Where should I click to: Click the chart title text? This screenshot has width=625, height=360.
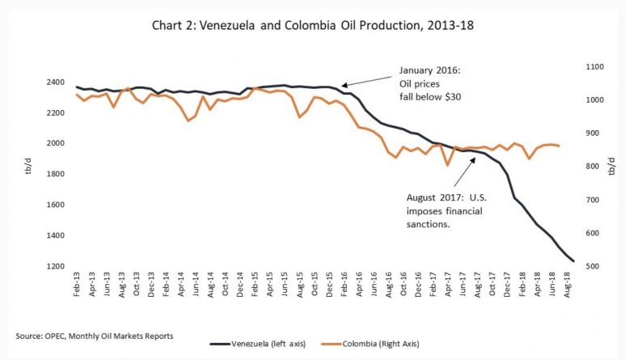tap(312, 25)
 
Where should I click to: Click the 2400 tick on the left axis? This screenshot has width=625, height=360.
tap(57, 83)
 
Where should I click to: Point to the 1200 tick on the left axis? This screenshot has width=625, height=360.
tap(57, 267)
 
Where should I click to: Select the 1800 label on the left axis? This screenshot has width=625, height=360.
tap(57, 175)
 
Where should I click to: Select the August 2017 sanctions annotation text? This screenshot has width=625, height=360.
tap(446, 209)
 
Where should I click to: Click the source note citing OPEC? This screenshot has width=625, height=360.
tap(95, 335)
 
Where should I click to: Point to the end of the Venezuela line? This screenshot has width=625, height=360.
tap(573, 260)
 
